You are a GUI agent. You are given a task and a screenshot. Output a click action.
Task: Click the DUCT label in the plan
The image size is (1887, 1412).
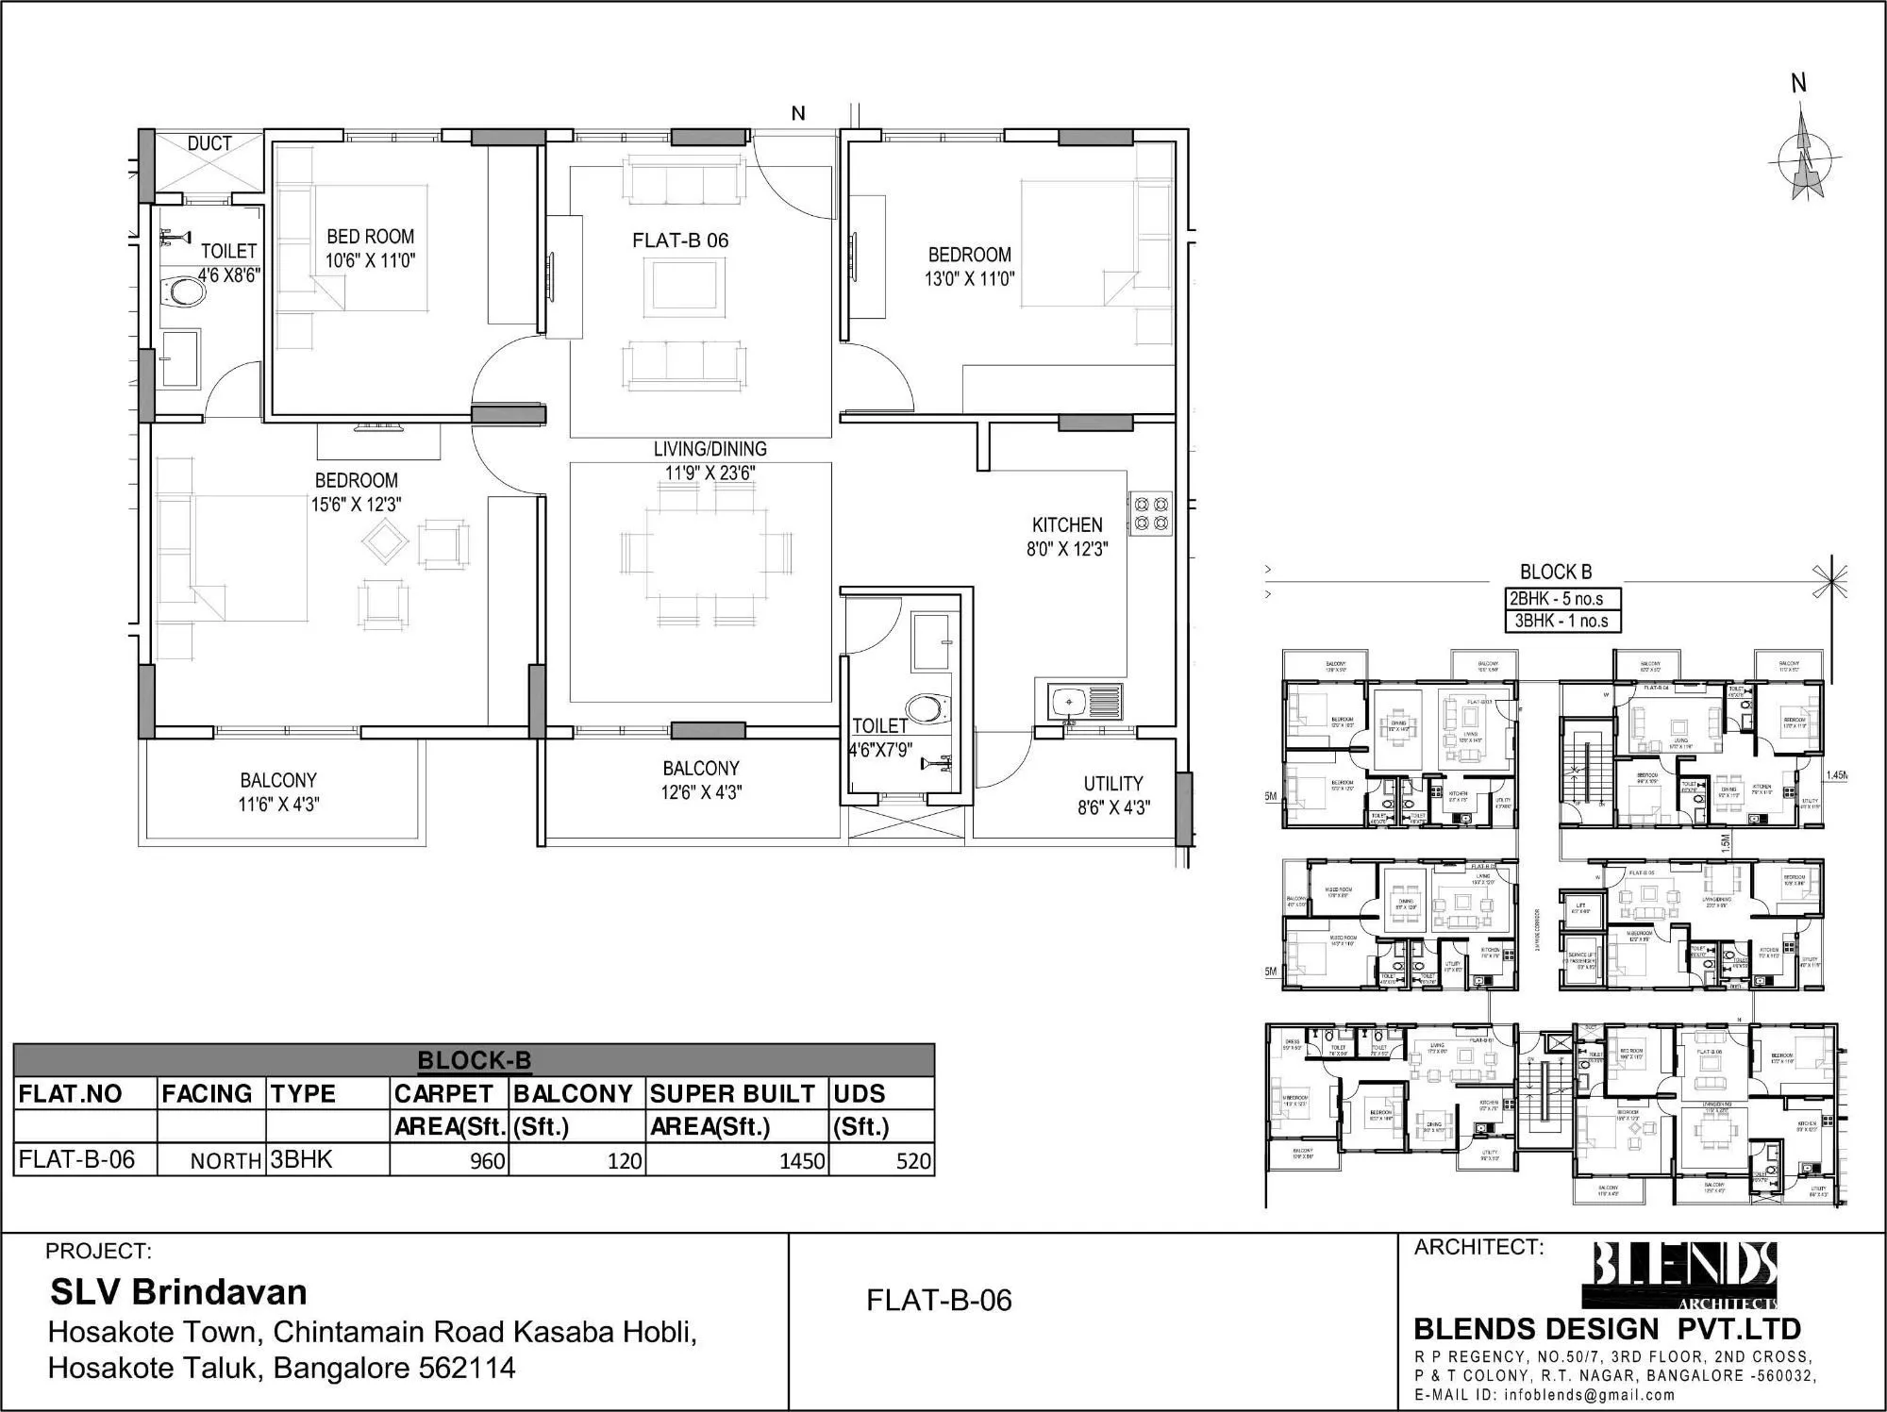pos(209,143)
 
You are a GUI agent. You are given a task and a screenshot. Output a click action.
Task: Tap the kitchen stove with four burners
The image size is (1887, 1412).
pos(1150,512)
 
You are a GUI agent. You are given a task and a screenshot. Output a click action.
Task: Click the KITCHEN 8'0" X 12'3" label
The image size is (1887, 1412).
pos(1067,537)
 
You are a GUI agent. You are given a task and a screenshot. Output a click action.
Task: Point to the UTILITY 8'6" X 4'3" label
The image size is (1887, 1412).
pos(1113,795)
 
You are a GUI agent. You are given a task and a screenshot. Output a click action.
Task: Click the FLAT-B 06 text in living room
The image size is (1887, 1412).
pos(680,241)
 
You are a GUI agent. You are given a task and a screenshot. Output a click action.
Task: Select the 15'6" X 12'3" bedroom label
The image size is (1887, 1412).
pos(356,492)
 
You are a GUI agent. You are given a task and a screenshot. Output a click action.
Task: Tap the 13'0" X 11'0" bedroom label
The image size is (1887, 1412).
pos(969,266)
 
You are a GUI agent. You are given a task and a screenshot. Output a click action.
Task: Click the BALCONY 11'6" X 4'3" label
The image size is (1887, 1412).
pos(278,792)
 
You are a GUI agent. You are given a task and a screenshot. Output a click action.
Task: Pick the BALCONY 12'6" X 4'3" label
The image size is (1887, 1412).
pos(701,780)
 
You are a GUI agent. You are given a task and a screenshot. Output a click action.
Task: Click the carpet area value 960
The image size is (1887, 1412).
pos(487,1161)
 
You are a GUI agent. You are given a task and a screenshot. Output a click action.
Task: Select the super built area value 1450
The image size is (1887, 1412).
pos(802,1161)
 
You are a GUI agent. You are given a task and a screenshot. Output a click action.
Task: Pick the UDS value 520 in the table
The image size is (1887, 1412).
pos(913,1161)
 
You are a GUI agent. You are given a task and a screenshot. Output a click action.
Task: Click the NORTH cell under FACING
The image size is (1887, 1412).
pos(225,1161)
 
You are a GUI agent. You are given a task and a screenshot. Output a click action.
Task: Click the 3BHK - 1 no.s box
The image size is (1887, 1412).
pos(1561,622)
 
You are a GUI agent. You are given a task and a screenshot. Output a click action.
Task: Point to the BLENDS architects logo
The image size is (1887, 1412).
pos(1685,1273)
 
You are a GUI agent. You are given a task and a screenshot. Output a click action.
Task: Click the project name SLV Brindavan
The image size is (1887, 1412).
pos(178,1291)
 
